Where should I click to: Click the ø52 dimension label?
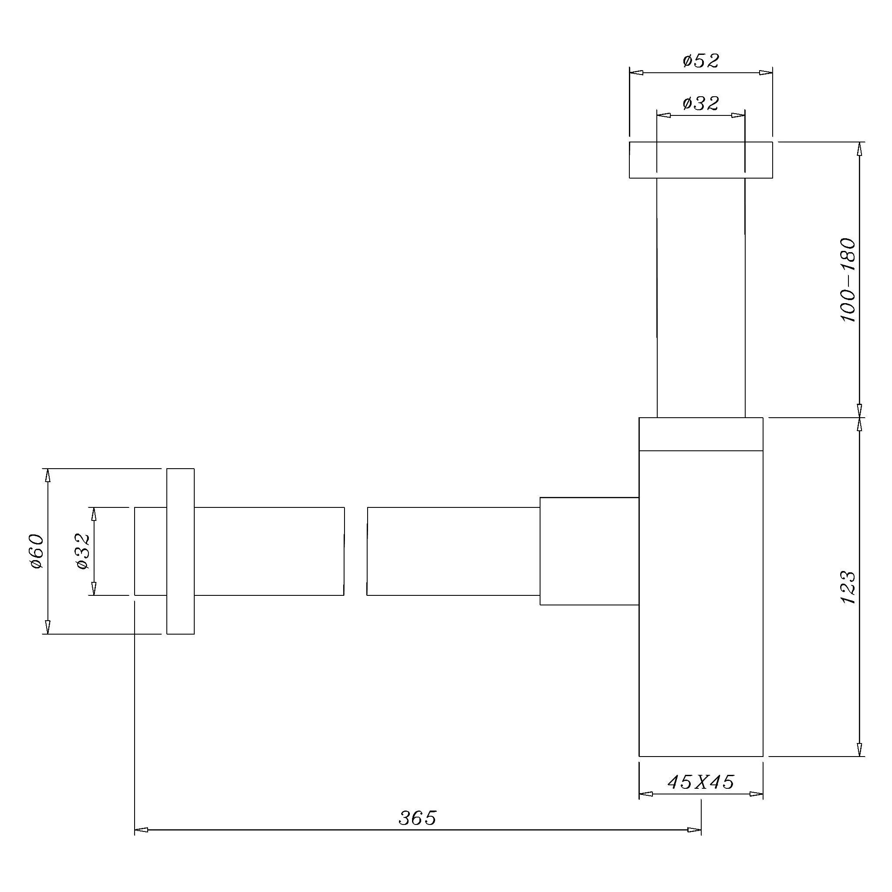coord(701,61)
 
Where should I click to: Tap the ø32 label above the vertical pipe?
coord(701,103)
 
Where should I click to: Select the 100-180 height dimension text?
coord(848,280)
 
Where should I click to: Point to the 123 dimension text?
coord(848,587)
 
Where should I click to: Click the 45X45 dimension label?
coord(701,782)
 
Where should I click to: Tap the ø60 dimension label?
coord(37,551)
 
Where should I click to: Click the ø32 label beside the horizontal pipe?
coord(83,551)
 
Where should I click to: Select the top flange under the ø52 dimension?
coord(701,160)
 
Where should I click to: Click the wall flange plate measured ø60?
coord(180,551)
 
